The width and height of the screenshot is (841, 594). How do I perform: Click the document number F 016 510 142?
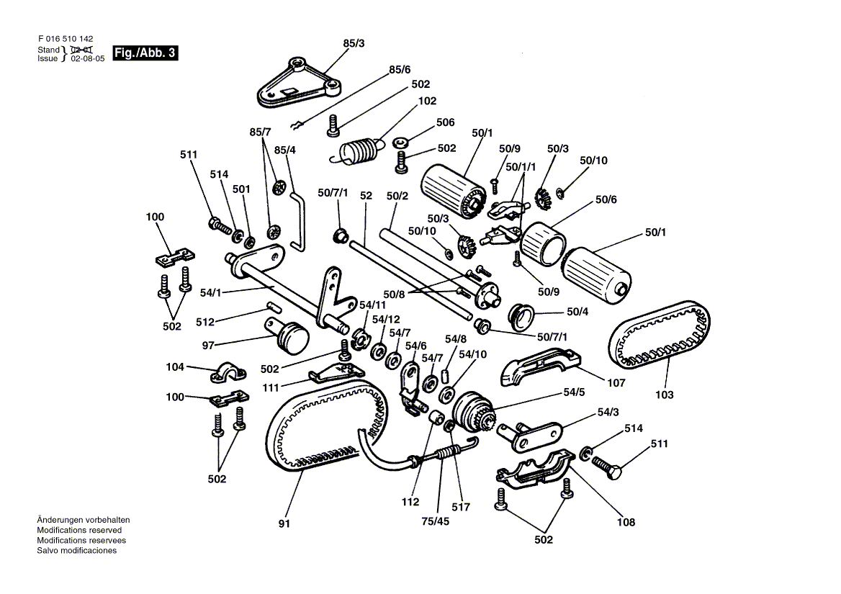point(66,40)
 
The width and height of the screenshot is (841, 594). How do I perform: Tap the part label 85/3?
point(354,44)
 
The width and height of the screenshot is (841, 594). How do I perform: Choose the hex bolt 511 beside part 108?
point(608,459)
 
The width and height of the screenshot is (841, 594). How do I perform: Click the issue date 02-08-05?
point(88,59)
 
